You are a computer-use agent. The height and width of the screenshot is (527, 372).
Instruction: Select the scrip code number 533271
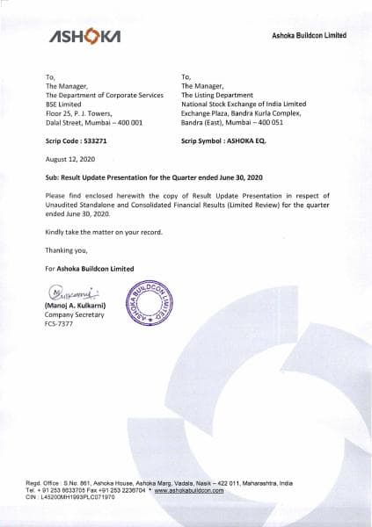[104, 141]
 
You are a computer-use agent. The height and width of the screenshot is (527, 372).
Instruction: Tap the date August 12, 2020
[69, 160]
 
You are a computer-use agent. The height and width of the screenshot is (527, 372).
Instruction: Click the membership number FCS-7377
[59, 324]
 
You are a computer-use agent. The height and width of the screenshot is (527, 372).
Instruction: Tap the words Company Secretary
[74, 314]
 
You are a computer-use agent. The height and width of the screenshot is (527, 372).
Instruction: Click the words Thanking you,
[65, 249]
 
